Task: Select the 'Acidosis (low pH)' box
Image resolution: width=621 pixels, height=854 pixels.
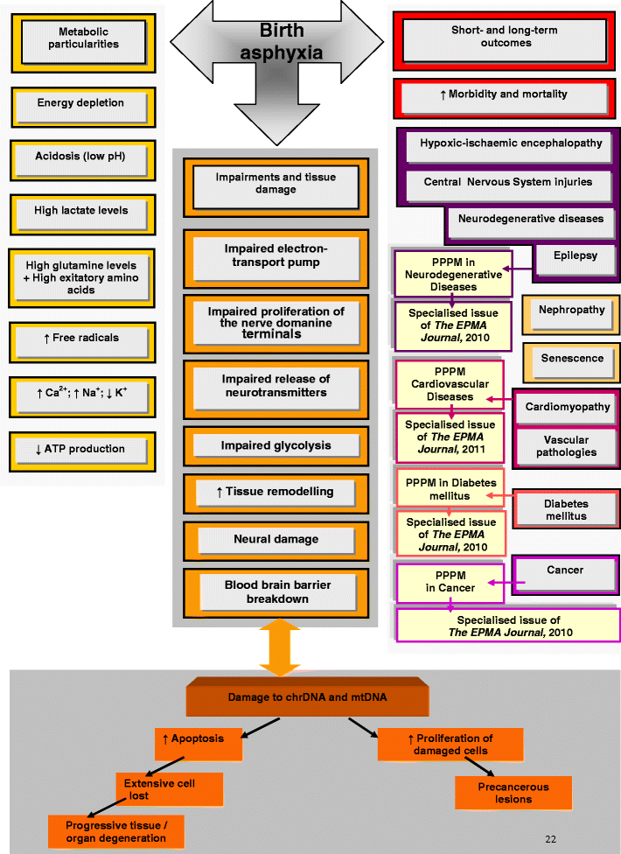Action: click(x=81, y=158)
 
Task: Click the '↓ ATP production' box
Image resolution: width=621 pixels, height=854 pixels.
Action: click(x=81, y=450)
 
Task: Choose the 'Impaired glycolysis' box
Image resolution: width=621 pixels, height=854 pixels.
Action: click(x=276, y=446)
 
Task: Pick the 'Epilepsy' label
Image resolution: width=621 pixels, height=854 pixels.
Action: click(x=576, y=256)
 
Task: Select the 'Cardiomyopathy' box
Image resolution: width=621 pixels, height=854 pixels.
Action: click(x=569, y=409)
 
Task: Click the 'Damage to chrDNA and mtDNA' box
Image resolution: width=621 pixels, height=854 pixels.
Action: click(x=308, y=698)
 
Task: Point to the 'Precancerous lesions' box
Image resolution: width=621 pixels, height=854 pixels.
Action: click(x=513, y=793)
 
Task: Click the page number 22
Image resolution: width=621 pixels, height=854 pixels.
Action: click(x=550, y=839)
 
